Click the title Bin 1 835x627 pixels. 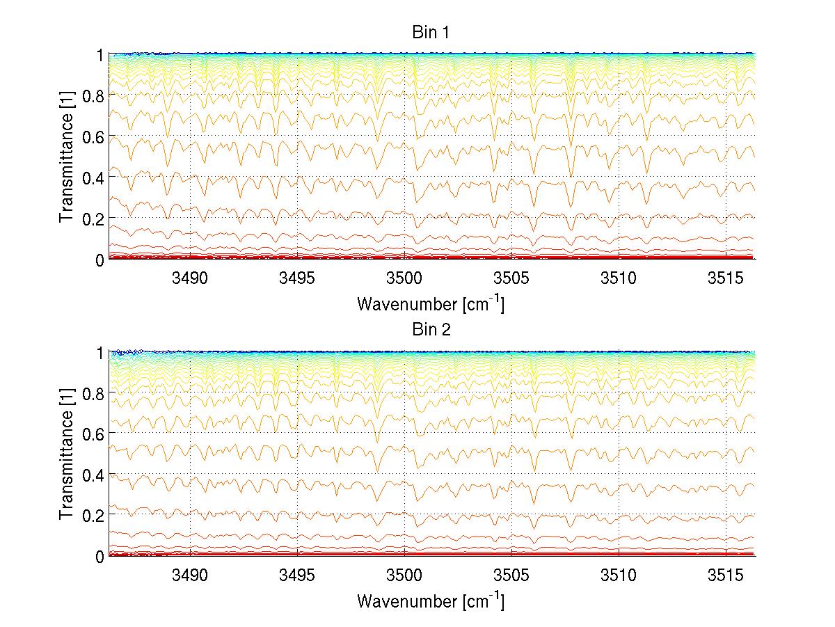click(431, 33)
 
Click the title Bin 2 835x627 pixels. click(431, 329)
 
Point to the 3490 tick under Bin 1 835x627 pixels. click(191, 278)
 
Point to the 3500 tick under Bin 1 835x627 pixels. click(405, 278)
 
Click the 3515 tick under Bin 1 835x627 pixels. click(726, 278)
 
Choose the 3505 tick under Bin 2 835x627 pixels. click(511, 575)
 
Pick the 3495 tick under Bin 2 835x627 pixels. click(298, 575)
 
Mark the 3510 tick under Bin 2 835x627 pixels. click(619, 575)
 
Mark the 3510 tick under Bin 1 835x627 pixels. click(619, 278)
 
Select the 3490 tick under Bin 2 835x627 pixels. click(191, 575)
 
